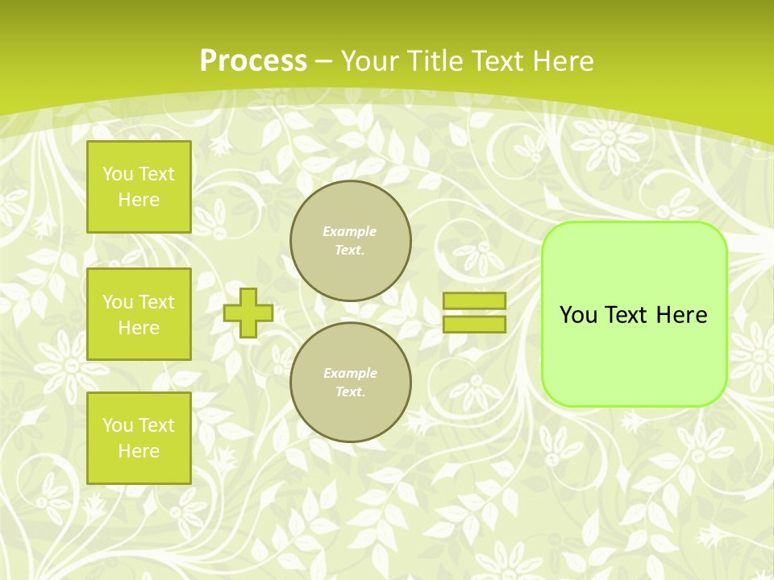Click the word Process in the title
(253, 61)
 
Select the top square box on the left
(139, 187)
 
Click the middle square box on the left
(139, 314)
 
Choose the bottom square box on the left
(139, 438)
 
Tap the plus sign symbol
(248, 313)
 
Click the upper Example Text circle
(351, 241)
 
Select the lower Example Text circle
(351, 383)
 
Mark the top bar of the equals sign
(474, 301)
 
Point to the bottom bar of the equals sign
(474, 324)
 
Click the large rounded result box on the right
(634, 354)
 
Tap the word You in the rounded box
(578, 315)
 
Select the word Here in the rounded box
(681, 315)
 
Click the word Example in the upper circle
(350, 231)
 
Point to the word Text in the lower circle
(350, 392)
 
